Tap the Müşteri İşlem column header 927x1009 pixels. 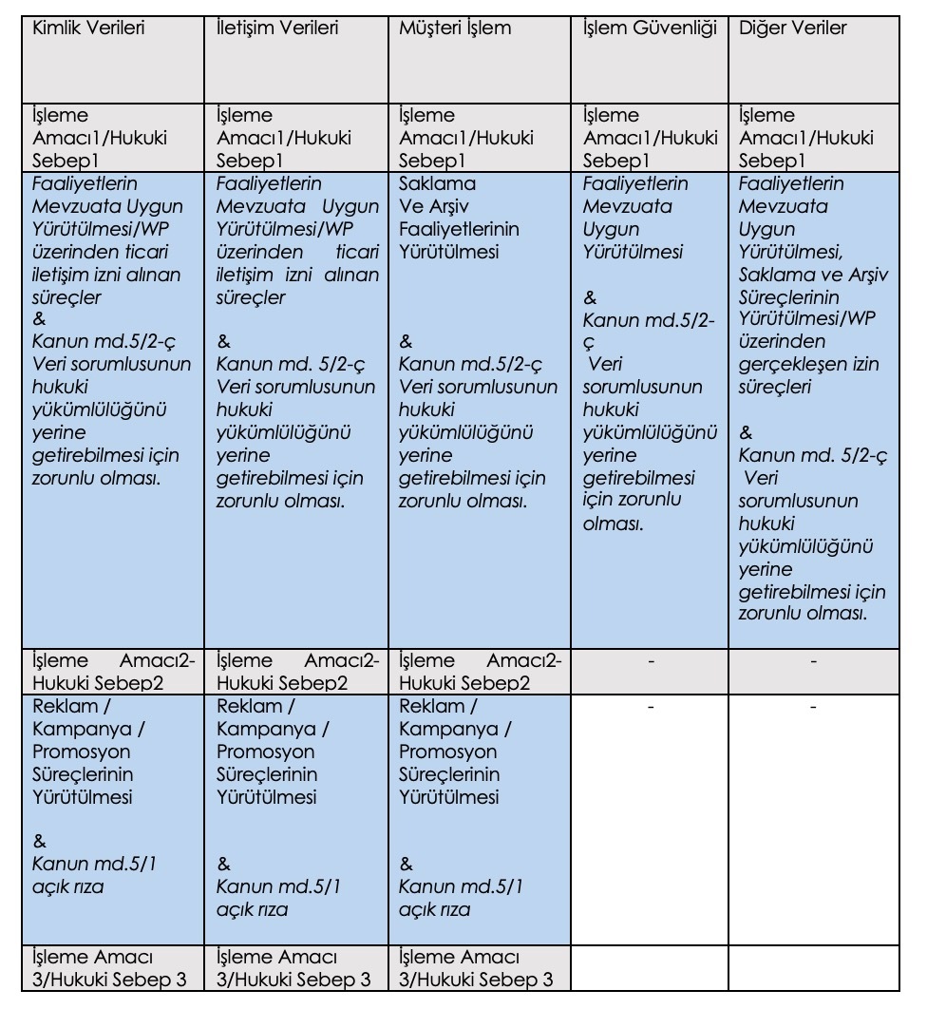tap(455, 29)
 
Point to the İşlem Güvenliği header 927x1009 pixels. tap(651, 29)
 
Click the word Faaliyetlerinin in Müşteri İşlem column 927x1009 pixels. tap(460, 230)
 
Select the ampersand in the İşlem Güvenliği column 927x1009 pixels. tap(590, 297)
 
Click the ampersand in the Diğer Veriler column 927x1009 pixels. tap(746, 434)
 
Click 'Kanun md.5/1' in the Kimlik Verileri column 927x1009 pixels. tap(93, 865)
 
